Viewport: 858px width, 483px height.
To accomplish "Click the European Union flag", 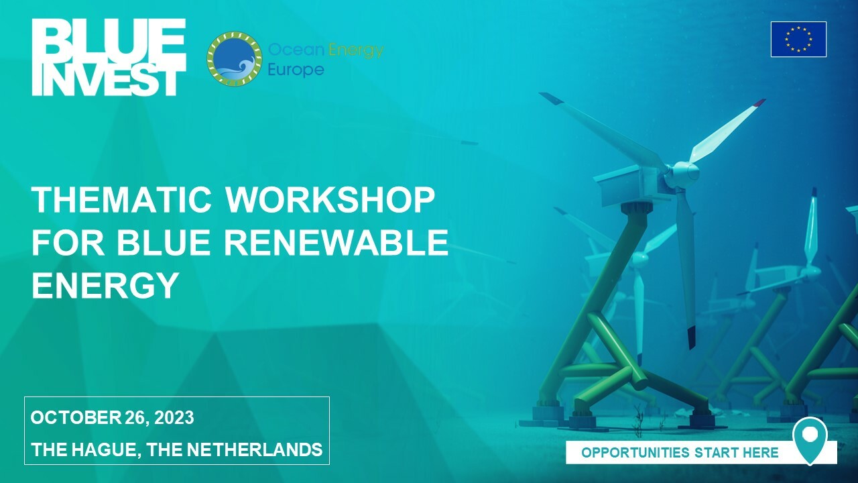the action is [798, 39].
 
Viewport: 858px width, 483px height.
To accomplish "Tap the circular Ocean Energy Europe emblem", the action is [235, 58].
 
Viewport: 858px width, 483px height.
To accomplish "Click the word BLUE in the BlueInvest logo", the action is [109, 38].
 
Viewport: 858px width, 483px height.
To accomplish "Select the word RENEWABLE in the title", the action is [336, 242].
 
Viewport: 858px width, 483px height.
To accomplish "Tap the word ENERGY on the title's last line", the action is [105, 285].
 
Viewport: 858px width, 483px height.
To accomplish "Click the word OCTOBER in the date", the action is [75, 417].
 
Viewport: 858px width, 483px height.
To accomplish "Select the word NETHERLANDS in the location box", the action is [255, 449].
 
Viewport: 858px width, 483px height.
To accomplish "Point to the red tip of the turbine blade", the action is [759, 103].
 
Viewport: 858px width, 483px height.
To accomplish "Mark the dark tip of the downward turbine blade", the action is [691, 337].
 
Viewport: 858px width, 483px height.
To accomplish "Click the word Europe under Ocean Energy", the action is [296, 70].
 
